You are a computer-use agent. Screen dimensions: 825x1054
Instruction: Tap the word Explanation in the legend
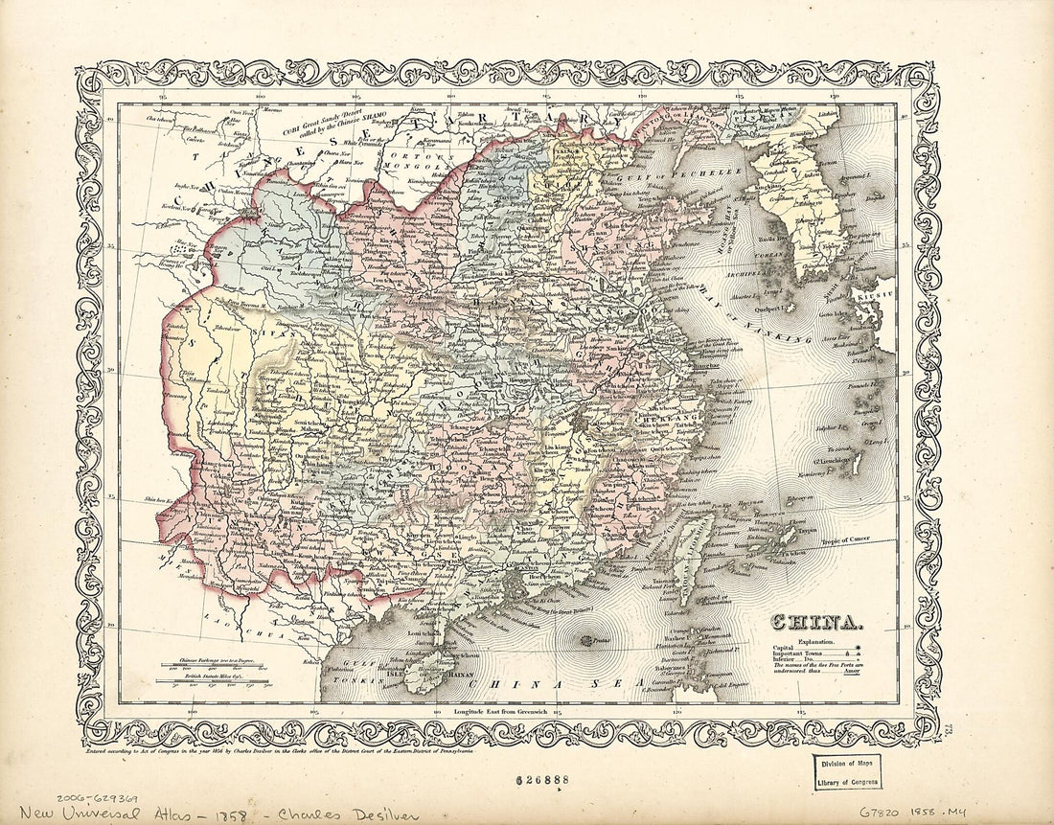pyautogui.click(x=815, y=641)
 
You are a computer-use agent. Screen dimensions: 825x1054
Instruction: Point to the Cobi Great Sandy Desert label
pyautogui.click(x=322, y=123)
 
